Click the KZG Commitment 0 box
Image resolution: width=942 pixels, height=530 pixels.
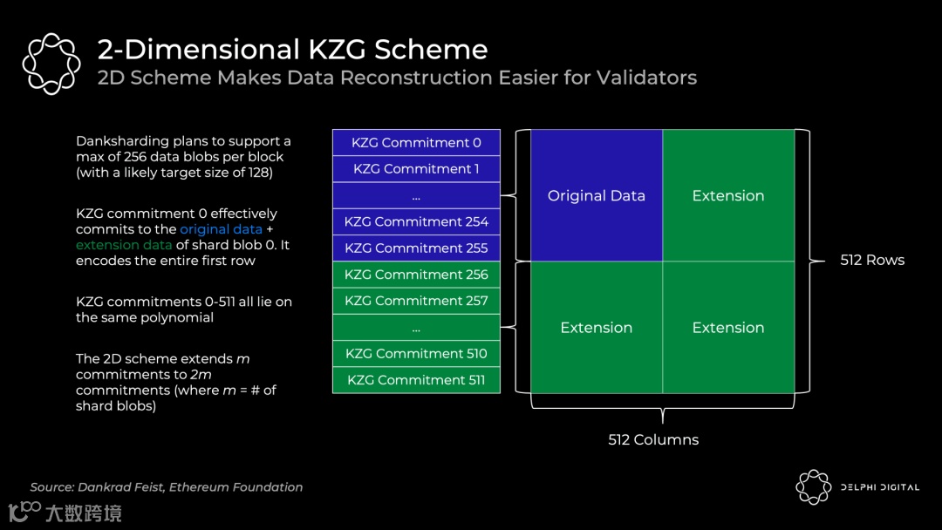click(x=416, y=143)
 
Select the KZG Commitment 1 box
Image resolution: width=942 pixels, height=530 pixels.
click(x=416, y=169)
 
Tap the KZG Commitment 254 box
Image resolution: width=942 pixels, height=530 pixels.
click(x=416, y=221)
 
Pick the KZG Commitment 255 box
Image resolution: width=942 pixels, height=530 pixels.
click(x=416, y=248)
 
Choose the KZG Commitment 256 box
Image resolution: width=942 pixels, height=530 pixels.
click(x=416, y=275)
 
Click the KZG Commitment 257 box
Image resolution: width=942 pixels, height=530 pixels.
click(x=416, y=301)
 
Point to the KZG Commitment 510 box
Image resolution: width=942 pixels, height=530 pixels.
click(x=416, y=354)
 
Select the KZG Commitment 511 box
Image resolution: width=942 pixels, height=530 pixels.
click(x=416, y=380)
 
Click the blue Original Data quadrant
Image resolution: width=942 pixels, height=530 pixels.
click(x=597, y=196)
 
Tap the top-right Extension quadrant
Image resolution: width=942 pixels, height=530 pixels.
click(x=728, y=196)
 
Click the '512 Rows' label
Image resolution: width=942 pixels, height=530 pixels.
click(x=872, y=260)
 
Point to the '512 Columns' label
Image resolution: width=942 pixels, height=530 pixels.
click(x=653, y=440)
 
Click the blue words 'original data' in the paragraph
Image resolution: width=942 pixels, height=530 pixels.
click(x=221, y=229)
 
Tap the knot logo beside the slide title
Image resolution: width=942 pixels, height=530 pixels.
click(x=51, y=63)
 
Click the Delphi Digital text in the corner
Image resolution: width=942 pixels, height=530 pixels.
click(x=879, y=487)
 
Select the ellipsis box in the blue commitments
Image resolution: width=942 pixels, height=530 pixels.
click(x=416, y=196)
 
